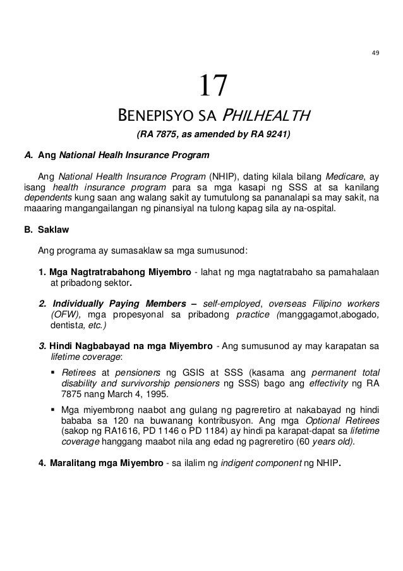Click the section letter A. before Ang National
click(x=27, y=154)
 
